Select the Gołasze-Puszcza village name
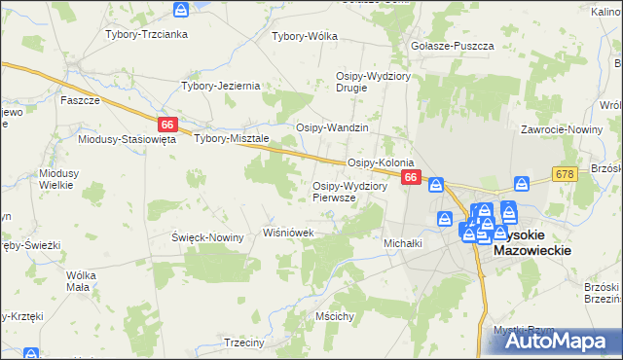tap(453, 46)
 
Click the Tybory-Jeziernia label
tap(221, 86)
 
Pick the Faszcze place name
tap(80, 100)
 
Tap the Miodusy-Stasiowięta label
tap(127, 139)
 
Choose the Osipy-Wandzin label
tap(332, 128)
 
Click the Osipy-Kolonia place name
tap(382, 162)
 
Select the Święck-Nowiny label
tap(207, 237)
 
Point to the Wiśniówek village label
tap(289, 234)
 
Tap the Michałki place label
tap(403, 243)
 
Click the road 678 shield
tap(564, 173)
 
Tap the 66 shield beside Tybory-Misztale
tap(167, 125)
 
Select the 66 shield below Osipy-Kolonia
tap(411, 178)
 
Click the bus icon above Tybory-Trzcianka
tap(181, 10)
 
